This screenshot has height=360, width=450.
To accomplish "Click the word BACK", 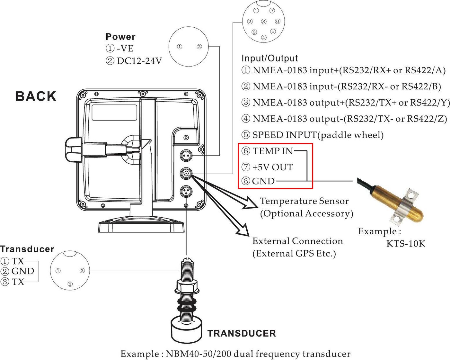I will [x=36, y=96].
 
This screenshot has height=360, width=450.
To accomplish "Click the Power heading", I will [x=120, y=37].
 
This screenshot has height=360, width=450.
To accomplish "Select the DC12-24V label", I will [x=139, y=61].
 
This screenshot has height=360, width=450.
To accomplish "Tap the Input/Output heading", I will [x=269, y=58].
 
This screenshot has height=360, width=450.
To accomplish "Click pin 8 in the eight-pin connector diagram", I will [x=264, y=22].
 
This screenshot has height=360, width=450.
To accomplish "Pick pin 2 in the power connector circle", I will [x=199, y=47].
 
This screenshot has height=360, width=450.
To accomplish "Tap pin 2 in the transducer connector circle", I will [x=70, y=284].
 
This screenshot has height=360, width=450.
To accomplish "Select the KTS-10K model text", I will [x=406, y=244].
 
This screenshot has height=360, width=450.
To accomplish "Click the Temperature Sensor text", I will [x=304, y=201].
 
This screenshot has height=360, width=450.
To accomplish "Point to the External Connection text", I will [x=297, y=241].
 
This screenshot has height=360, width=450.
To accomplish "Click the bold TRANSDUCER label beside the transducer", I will [x=242, y=333].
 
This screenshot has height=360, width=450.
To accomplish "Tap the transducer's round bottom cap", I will [x=187, y=330].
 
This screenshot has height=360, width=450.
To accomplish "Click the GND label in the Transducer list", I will [x=22, y=271].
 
